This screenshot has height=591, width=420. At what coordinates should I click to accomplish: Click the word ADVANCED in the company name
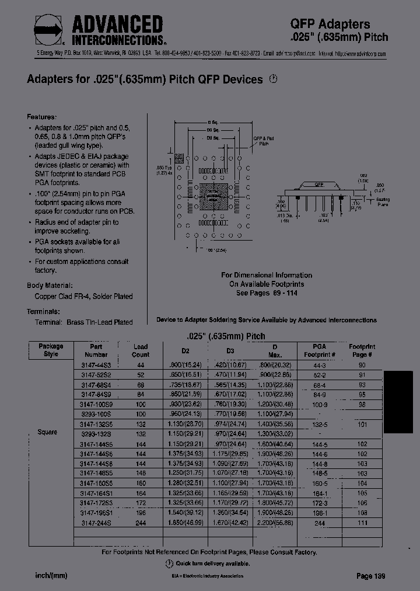coord(117,25)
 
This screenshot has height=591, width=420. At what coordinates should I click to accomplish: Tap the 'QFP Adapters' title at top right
coord(330,24)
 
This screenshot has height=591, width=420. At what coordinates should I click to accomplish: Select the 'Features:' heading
coord(42,116)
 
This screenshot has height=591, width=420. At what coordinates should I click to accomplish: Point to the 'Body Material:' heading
coord(51,286)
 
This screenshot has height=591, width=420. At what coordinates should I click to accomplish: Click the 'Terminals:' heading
coord(43,311)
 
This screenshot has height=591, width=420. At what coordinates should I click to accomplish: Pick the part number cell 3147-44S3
coord(96,364)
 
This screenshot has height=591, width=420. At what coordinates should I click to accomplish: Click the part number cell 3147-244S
coord(96,523)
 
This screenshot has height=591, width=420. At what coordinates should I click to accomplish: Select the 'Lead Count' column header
coord(141,350)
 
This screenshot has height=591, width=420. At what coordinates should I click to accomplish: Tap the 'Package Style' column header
coord(51,350)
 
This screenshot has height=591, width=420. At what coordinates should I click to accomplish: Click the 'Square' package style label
coord(47,432)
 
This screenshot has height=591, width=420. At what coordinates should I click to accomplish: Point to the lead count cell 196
coord(141,513)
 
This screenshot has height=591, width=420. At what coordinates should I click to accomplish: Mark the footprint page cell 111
coord(361,523)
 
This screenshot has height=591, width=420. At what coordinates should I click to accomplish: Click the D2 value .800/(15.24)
coord(185,364)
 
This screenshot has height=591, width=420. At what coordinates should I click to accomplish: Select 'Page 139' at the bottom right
coord(370,576)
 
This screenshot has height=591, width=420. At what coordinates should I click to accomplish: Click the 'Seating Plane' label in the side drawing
coord(383,203)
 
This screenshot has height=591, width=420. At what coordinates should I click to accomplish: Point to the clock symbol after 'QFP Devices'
coord(272,79)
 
